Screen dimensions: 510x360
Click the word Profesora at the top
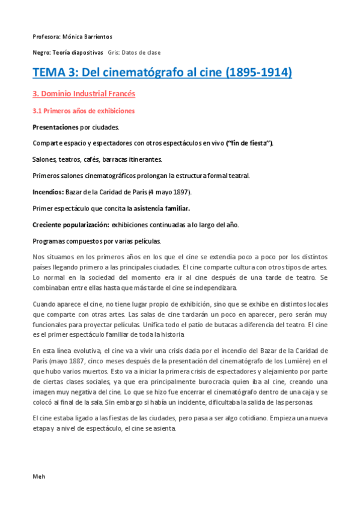click(45, 37)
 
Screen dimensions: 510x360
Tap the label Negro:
click(41, 53)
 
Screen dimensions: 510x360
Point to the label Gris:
click(115, 53)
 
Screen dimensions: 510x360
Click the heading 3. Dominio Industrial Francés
click(84, 94)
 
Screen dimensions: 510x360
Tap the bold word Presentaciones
click(55, 127)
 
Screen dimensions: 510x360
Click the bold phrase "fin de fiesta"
click(249, 143)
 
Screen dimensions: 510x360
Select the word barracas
click(117, 159)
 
